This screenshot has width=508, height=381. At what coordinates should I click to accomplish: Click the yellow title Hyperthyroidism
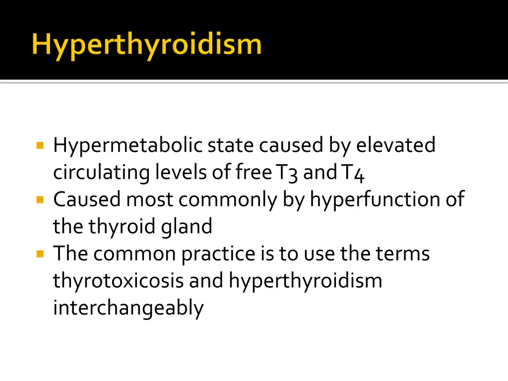pos(146,45)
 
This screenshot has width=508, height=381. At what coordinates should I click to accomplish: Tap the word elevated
pos(396,145)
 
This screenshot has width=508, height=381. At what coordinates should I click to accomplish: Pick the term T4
pos(353,173)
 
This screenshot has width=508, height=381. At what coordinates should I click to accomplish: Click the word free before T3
pos(254,173)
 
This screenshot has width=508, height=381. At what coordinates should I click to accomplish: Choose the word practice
pos(218,254)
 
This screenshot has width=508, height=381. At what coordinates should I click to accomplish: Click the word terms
pos(402,254)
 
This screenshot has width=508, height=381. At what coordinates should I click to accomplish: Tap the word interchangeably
pos(128,308)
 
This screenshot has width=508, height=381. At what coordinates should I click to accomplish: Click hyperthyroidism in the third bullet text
pos(305,281)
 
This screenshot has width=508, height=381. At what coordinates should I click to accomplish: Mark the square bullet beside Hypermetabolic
pos(41,146)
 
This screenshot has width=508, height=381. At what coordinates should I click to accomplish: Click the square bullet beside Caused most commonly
pos(41,200)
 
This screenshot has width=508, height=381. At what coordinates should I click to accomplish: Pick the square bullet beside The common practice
pos(41,254)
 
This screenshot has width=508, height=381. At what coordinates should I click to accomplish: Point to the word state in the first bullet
pos(231,145)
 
